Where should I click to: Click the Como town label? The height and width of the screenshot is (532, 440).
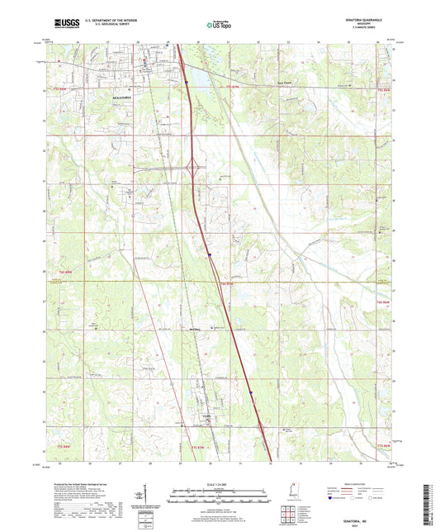pos(208,415)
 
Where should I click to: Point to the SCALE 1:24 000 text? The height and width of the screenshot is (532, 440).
pos(220,485)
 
